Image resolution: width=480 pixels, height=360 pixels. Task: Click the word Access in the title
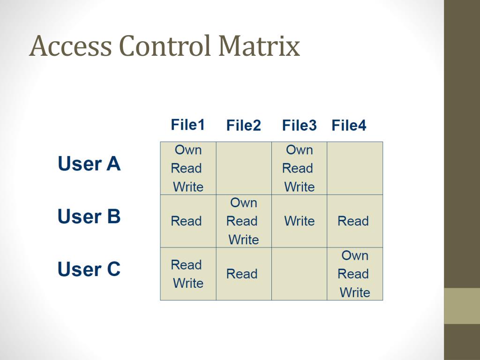[x=70, y=47]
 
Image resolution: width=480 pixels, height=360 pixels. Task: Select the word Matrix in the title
[x=259, y=47]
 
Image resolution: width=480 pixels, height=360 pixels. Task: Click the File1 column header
[x=188, y=125]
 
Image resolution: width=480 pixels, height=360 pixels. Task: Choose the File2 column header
[x=243, y=126]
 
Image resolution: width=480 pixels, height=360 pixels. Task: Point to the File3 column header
[x=299, y=126]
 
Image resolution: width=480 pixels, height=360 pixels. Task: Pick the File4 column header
[x=349, y=126]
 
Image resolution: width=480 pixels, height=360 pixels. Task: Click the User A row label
[x=89, y=164]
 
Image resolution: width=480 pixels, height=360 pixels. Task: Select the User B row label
[x=89, y=217]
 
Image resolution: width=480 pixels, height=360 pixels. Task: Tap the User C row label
[x=89, y=270]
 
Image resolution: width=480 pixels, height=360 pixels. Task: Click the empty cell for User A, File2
[x=244, y=168]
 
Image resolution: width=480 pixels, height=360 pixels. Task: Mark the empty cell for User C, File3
[x=299, y=274]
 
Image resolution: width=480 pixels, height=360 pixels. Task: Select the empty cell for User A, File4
[x=355, y=168]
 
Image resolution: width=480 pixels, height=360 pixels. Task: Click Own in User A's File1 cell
[x=188, y=150]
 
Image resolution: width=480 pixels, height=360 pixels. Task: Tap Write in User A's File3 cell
[x=300, y=187]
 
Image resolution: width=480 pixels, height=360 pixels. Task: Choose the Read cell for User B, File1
[x=186, y=221]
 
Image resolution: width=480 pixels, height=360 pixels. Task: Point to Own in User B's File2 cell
[x=244, y=203]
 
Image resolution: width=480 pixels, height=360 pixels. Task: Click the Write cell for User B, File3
[x=299, y=221]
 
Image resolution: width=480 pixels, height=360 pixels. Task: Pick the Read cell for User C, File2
[x=242, y=274]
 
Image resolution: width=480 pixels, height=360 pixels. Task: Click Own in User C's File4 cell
[x=355, y=255]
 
